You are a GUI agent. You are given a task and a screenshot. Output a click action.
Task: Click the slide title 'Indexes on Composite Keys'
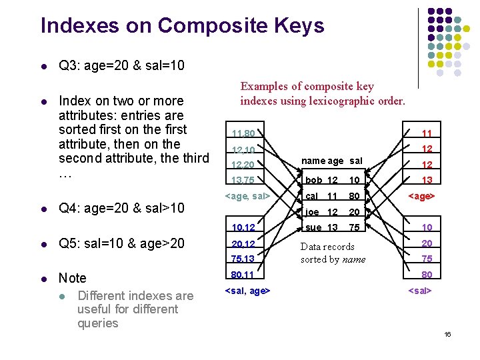click(182, 26)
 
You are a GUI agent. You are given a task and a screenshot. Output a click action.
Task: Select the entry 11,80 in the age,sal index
click(243, 133)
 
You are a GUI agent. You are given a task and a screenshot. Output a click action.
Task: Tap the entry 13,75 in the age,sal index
click(243, 180)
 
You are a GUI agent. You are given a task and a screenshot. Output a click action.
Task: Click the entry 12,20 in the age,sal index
click(243, 165)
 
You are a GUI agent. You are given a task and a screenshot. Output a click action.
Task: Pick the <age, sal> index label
click(247, 196)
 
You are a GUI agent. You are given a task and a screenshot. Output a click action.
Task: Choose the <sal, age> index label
click(248, 290)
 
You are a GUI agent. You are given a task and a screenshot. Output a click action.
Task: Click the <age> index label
click(421, 196)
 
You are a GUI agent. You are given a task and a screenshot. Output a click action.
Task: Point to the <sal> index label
click(420, 290)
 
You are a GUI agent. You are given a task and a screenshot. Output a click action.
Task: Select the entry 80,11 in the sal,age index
click(243, 274)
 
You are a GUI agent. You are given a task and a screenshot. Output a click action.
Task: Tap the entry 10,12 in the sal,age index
click(243, 228)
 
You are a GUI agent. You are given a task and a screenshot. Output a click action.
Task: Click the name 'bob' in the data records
click(313, 180)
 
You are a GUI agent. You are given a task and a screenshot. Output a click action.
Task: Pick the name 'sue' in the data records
click(313, 227)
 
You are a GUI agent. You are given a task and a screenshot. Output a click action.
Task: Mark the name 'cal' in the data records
click(311, 196)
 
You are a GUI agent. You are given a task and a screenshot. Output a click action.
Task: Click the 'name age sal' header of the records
click(332, 161)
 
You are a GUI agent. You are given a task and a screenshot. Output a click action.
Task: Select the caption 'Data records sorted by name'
click(333, 253)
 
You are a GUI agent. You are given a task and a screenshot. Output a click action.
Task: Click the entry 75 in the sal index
click(427, 259)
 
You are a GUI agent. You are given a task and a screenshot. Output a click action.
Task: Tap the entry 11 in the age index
click(427, 134)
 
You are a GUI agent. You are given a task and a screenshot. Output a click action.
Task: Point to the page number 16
click(447, 333)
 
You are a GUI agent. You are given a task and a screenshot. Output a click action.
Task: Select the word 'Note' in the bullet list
click(73, 278)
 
